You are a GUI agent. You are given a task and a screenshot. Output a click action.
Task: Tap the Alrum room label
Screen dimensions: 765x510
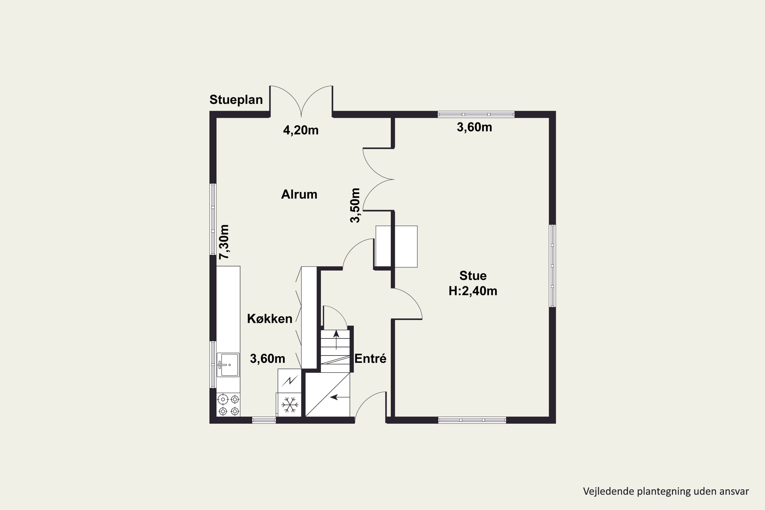coord(299,195)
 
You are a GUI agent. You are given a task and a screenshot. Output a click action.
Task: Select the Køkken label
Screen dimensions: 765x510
coord(270,319)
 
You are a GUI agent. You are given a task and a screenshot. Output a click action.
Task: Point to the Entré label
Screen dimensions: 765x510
coord(370,359)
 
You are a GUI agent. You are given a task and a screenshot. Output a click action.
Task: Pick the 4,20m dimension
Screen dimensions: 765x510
coord(301,130)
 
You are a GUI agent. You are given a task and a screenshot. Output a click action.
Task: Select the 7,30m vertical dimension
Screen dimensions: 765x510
coord(224,242)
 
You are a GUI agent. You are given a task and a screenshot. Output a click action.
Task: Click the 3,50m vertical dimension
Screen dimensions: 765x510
coord(355,205)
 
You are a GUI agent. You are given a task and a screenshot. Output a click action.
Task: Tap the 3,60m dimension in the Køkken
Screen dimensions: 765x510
coord(267,359)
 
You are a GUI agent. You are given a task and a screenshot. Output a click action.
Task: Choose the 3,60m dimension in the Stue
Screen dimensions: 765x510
coord(474,127)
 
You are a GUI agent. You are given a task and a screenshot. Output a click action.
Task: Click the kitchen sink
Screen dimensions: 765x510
coord(228,365)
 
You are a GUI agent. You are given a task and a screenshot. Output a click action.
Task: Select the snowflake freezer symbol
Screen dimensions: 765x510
coord(289,405)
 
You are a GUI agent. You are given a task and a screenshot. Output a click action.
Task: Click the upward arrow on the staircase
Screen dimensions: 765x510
coord(336,340)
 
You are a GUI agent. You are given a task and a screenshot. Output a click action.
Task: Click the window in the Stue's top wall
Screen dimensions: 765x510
coord(476,114)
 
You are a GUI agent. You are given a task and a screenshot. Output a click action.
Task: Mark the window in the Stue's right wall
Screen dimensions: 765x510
coord(552,266)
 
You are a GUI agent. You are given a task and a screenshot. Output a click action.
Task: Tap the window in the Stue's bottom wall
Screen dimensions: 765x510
coord(472,420)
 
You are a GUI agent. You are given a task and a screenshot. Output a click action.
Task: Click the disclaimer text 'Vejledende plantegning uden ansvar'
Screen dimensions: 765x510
coord(666,491)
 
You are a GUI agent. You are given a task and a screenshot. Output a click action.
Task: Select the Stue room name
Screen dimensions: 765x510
coord(473,276)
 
